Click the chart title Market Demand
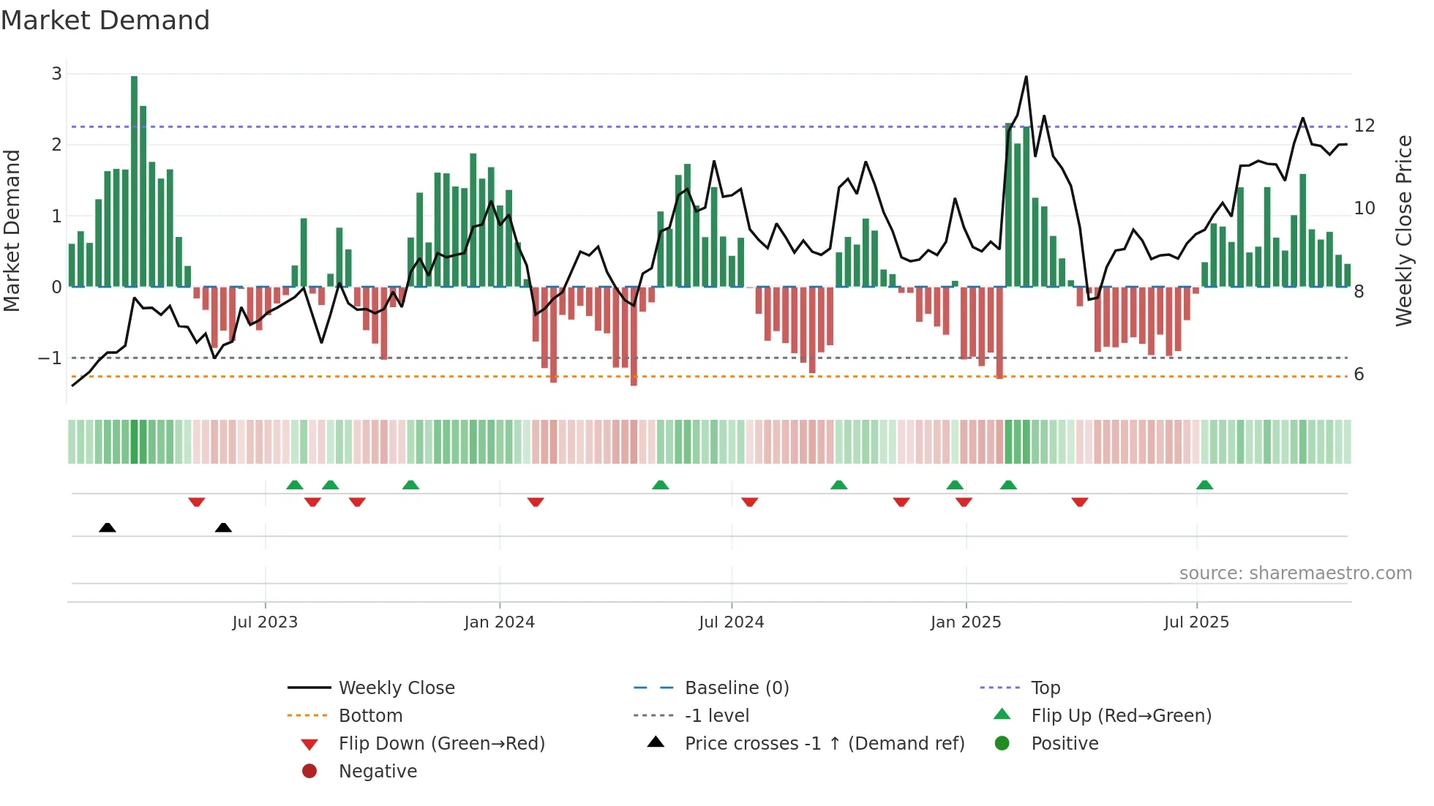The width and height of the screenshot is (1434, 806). coord(105,20)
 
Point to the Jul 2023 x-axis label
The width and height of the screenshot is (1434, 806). coord(265,622)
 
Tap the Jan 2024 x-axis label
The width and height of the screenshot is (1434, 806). coord(499,622)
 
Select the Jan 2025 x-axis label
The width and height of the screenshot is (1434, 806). coord(965,622)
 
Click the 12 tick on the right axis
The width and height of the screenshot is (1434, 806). coord(1364,126)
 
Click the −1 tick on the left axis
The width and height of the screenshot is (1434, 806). coord(50,358)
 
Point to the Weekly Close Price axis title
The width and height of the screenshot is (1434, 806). coord(1403,230)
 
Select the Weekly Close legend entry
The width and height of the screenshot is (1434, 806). coord(396,688)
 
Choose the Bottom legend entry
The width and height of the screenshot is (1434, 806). coord(370,716)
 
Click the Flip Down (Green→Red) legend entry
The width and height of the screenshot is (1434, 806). coord(441,744)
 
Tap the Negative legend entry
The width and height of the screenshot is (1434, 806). coord(378,772)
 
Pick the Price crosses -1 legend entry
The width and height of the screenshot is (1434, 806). coord(824,744)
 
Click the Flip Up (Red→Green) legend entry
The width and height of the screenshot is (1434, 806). coord(1121,716)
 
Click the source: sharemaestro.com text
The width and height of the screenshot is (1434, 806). coord(1295,573)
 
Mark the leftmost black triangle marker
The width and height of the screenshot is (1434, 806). coord(108,527)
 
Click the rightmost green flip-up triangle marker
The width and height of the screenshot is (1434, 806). coord(1204,485)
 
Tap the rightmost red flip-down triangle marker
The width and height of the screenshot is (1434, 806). coord(1079,502)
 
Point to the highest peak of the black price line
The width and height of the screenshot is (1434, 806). coord(1026,78)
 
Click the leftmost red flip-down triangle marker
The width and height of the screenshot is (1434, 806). coord(196,502)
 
